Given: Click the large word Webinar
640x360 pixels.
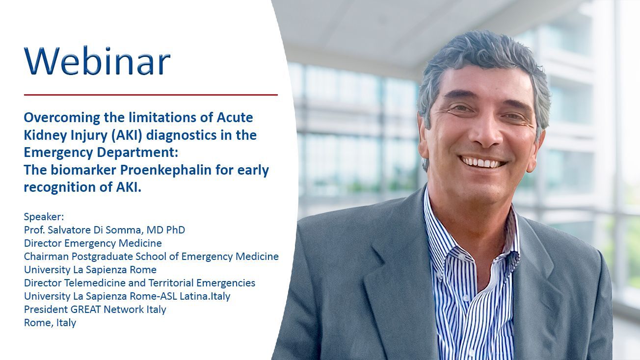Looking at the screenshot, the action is click(97, 60).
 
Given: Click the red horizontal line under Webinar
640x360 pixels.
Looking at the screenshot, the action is click(151, 95).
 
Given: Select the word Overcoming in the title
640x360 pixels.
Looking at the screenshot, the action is click(62, 118).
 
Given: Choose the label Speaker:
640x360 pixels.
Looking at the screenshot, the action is click(44, 217).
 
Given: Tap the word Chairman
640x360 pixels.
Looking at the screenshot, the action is click(46, 257).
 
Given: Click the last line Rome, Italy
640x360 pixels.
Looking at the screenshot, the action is click(50, 323).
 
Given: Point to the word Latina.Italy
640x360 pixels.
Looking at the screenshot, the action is click(205, 296).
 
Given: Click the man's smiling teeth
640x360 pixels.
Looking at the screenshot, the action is click(481, 162).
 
